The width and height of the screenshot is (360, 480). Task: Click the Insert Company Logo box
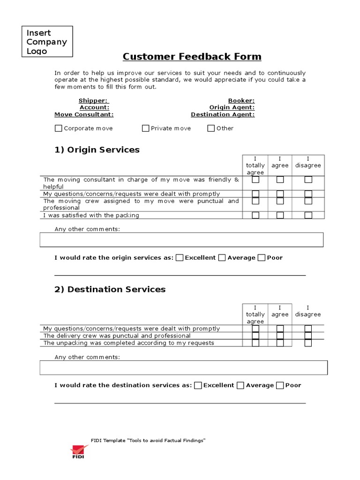[47, 42]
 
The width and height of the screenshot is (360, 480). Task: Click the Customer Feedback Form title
[192, 57]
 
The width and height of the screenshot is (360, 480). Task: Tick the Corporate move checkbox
[59, 128]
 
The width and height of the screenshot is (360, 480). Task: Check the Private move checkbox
[146, 128]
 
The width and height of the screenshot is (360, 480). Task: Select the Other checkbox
[211, 128]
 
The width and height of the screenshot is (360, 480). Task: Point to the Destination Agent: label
[223, 114]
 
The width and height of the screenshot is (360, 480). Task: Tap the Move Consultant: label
[84, 114]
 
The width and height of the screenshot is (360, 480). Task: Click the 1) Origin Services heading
[97, 150]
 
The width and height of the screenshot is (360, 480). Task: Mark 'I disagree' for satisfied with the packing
[308, 216]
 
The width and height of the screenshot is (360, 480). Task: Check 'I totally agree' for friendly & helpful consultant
[255, 180]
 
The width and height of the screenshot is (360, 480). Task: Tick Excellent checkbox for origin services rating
[180, 257]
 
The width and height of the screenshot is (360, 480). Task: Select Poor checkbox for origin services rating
[262, 257]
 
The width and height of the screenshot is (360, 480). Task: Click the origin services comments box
[181, 240]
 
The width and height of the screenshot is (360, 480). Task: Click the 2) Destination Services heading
[110, 289]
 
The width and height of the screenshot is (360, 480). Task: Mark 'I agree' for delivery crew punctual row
[280, 336]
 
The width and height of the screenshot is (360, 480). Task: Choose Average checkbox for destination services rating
[240, 385]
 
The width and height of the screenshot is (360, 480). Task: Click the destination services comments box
[183, 367]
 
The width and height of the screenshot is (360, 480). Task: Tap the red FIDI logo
[77, 451]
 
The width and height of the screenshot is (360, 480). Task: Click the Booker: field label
[241, 101]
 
